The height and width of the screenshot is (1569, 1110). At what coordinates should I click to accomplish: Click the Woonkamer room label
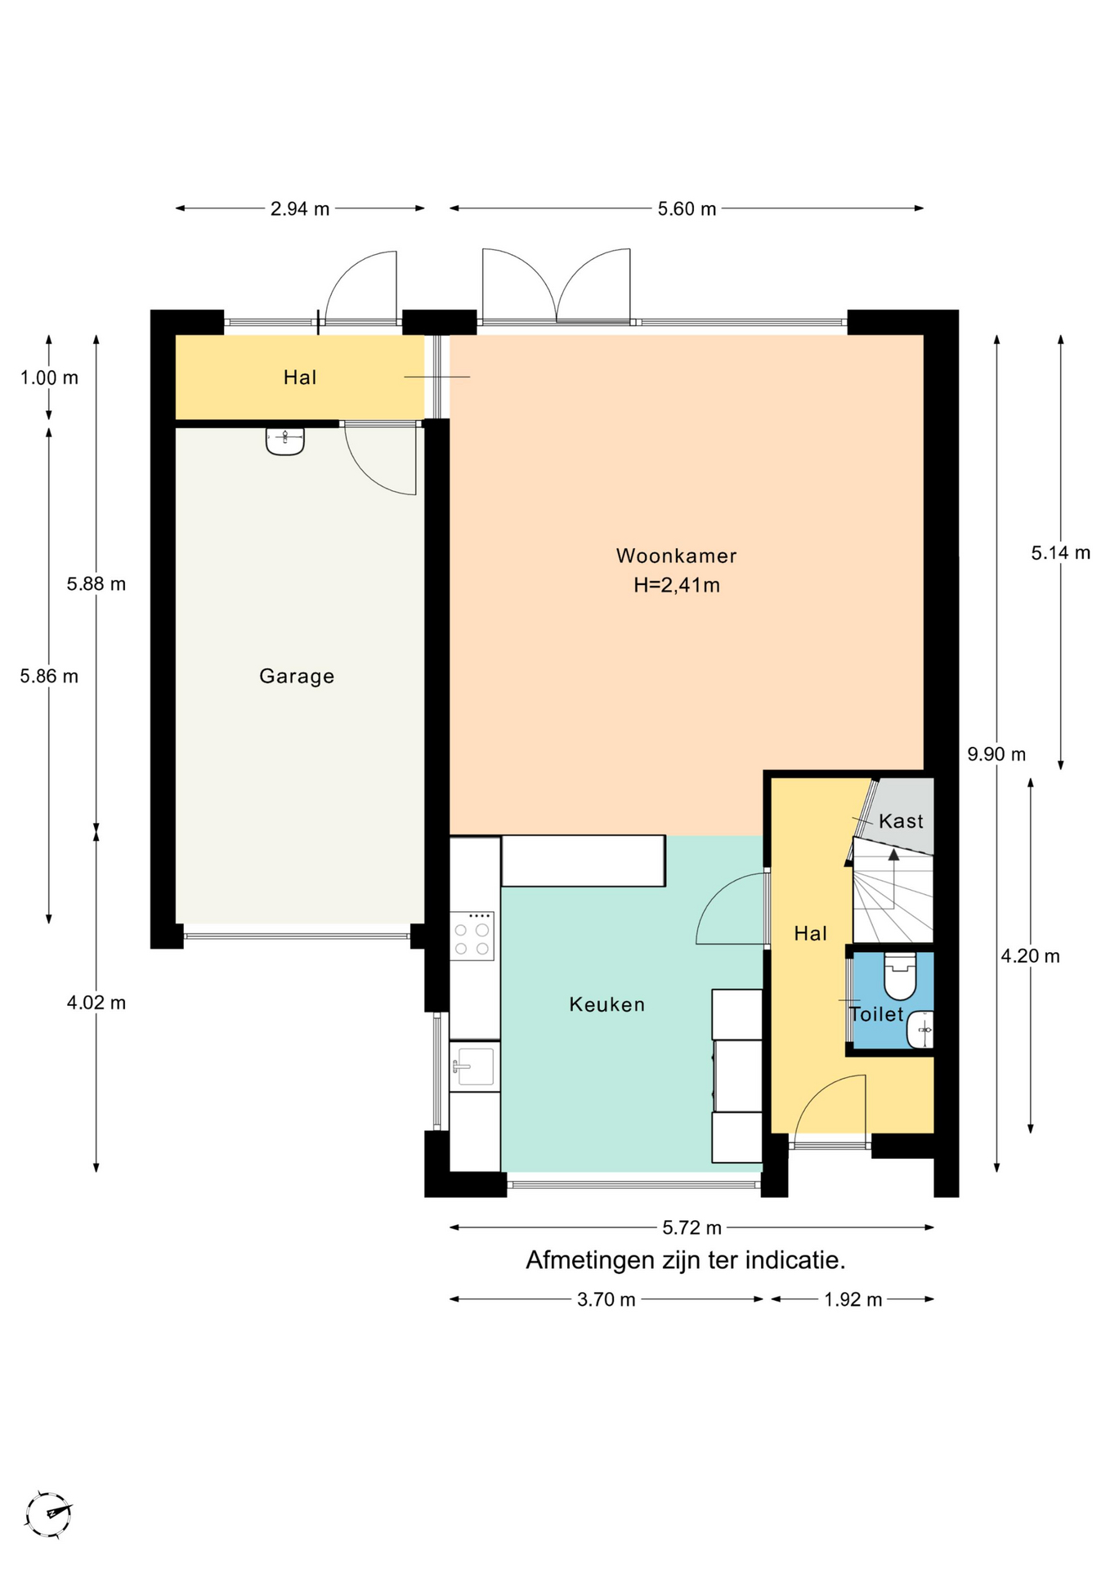click(x=676, y=556)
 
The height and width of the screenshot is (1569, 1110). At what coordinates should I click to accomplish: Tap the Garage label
click(x=297, y=677)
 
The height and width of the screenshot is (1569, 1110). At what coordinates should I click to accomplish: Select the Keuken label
click(x=607, y=1004)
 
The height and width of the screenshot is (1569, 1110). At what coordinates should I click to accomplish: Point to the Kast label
click(x=901, y=821)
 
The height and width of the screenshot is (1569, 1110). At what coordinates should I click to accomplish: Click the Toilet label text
click(x=876, y=1014)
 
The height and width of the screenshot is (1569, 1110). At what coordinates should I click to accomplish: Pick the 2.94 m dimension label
click(x=300, y=209)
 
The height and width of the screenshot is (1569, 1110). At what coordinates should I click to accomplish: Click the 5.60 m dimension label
click(x=687, y=209)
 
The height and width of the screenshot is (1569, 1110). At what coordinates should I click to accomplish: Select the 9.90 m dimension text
click(x=996, y=754)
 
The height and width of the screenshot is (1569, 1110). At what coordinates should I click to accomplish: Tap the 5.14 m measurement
click(x=1060, y=553)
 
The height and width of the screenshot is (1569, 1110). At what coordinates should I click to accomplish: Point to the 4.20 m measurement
click(x=1030, y=956)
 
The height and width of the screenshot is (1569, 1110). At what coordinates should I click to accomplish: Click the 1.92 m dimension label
click(x=853, y=1300)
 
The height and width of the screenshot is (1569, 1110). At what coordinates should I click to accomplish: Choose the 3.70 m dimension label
click(x=606, y=1300)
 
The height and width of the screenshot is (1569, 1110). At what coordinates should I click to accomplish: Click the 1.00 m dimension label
click(x=49, y=378)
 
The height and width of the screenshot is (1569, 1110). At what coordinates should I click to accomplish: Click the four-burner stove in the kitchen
click(x=472, y=936)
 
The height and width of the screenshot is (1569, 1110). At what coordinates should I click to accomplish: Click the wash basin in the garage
click(x=285, y=440)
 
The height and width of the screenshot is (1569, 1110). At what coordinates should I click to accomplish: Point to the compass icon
click(x=49, y=1515)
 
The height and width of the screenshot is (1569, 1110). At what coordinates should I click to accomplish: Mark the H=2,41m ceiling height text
click(x=676, y=585)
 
